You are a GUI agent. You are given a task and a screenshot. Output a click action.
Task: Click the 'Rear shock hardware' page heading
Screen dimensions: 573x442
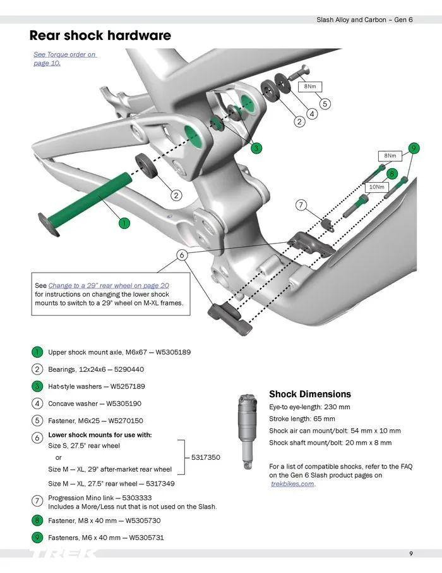pyautogui.click(x=100, y=35)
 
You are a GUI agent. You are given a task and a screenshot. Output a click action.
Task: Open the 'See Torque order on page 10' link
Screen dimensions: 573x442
pyautogui.click(x=64, y=59)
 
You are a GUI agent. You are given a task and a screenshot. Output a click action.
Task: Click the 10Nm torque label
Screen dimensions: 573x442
pyautogui.click(x=376, y=187)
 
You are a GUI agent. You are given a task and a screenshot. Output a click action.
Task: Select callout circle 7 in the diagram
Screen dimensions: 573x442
pyautogui.click(x=301, y=205)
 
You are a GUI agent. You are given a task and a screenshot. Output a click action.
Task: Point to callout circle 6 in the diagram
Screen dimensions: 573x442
pyautogui.click(x=182, y=255)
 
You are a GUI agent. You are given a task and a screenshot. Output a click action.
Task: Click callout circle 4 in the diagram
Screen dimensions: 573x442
pyautogui.click(x=312, y=114)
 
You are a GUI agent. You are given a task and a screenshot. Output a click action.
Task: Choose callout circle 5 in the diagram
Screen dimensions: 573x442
pyautogui.click(x=325, y=104)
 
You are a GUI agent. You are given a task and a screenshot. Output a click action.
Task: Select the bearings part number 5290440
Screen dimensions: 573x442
pyautogui.click(x=128, y=369)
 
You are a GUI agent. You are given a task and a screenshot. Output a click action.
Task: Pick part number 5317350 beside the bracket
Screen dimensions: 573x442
pyautogui.click(x=206, y=457)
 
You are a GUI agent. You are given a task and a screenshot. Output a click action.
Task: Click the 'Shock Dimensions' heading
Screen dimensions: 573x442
pyautogui.click(x=309, y=394)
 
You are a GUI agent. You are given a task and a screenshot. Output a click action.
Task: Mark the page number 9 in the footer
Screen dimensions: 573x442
pyautogui.click(x=411, y=554)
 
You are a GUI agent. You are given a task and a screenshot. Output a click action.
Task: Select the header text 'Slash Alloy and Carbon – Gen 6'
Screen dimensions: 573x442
pyautogui.click(x=364, y=20)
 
